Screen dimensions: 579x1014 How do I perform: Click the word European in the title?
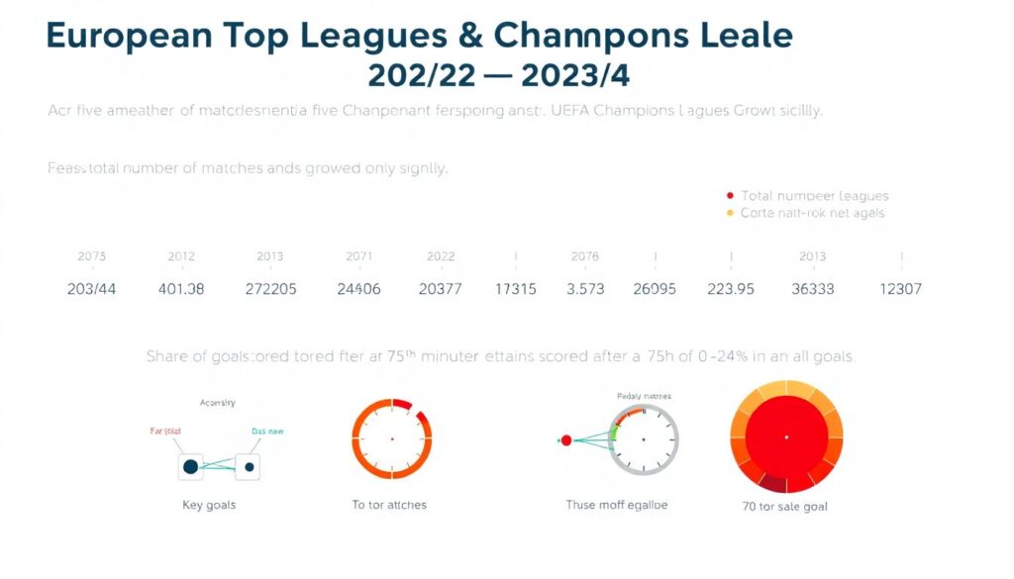(128, 36)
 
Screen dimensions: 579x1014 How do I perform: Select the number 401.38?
(180, 289)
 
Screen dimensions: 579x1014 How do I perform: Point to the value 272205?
(270, 289)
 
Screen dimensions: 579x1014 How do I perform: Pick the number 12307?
(901, 289)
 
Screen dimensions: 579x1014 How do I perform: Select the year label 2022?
(441, 256)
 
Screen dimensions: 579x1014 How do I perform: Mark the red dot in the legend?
(731, 196)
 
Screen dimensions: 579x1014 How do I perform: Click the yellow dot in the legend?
(731, 213)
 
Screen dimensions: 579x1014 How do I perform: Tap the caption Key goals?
(209, 505)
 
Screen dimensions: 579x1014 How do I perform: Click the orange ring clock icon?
(391, 438)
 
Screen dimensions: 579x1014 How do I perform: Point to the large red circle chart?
(786, 436)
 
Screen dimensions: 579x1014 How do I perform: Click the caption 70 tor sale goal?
(786, 506)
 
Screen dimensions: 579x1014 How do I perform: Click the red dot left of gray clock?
(566, 439)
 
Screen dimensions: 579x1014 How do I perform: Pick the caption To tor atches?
(389, 505)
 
